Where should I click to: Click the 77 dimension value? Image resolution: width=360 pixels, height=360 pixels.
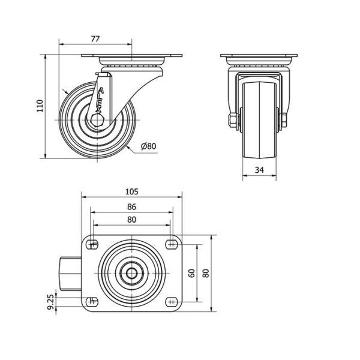point(95,39)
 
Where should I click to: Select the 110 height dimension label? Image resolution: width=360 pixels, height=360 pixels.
point(40,106)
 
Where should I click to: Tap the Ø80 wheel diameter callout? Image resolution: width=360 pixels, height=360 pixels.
point(149,146)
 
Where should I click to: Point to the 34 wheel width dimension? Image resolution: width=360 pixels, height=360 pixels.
point(259,170)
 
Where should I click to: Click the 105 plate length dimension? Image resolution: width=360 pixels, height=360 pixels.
point(132,191)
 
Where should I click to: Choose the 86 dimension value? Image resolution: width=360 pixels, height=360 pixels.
point(132,207)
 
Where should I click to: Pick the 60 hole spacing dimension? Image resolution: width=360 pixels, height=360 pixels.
point(192,273)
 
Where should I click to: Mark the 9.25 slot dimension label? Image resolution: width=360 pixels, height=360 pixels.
point(52,302)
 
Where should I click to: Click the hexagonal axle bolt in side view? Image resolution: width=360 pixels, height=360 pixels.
point(98,119)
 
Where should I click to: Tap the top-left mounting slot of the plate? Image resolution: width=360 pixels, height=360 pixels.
point(92,245)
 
